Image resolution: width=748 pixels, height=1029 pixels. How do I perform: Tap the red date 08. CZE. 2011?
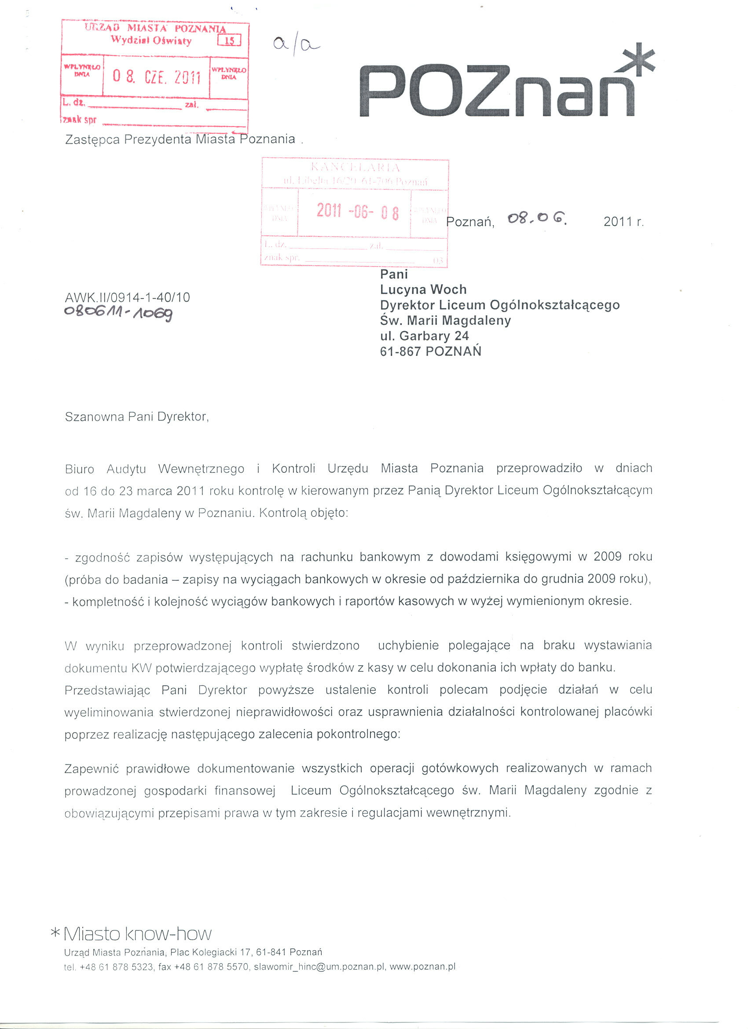point(156,77)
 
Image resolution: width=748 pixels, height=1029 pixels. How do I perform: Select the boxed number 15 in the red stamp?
point(230,41)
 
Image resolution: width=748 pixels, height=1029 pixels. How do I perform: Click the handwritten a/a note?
point(296,45)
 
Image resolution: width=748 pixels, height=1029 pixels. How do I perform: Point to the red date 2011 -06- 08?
point(357,212)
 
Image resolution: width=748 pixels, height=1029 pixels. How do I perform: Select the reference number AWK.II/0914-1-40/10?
point(128,298)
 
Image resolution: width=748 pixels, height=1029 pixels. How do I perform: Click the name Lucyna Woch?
point(423,289)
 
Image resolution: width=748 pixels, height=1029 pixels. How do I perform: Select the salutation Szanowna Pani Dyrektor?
point(136,416)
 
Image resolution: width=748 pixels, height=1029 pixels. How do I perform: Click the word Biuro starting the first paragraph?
point(80,469)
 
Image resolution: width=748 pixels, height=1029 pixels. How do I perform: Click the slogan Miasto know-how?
point(137,934)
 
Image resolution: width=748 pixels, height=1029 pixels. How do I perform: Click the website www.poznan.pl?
point(422,967)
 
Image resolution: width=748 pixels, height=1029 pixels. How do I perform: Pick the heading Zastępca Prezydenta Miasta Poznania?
point(180,139)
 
